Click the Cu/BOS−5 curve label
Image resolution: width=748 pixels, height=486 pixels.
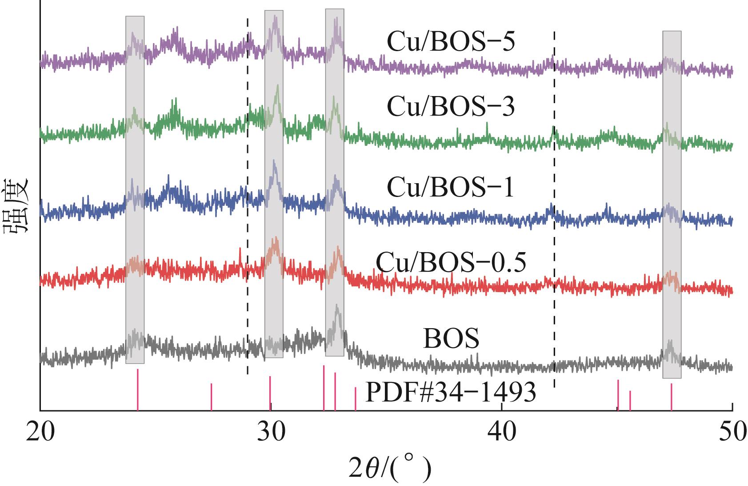click(x=450, y=43)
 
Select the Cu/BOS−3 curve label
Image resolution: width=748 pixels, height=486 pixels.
click(x=450, y=107)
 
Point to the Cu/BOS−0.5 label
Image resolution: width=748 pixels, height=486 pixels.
click(x=451, y=262)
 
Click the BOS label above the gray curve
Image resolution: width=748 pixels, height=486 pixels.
click(x=451, y=339)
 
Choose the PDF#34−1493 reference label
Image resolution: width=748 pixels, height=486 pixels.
click(x=450, y=392)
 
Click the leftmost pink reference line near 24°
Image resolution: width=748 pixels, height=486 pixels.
click(x=138, y=390)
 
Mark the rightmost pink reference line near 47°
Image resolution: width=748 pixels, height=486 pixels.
click(x=671, y=397)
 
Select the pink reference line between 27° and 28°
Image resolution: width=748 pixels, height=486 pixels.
click(x=211, y=397)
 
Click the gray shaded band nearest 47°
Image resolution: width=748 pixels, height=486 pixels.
click(x=672, y=205)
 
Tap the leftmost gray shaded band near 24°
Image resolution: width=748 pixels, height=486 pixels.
click(x=135, y=189)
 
